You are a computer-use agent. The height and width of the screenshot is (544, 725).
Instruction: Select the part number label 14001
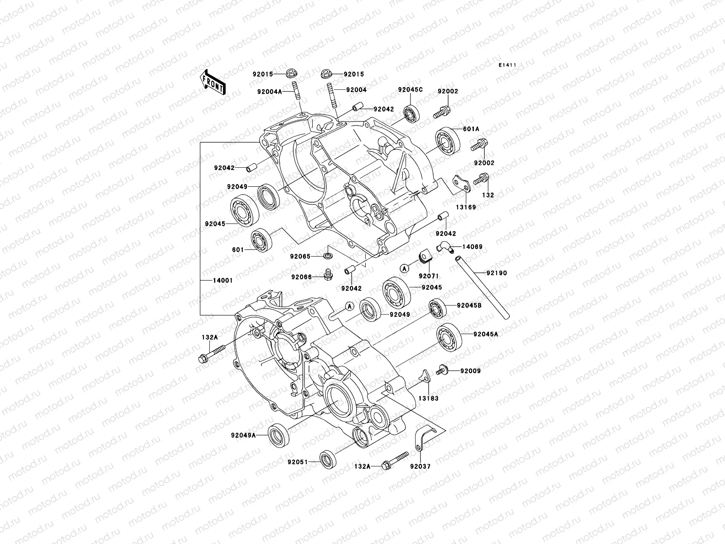(223, 281)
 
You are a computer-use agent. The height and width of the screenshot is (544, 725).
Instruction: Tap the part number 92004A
(269, 91)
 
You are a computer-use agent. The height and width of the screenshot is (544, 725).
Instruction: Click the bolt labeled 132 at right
(480, 179)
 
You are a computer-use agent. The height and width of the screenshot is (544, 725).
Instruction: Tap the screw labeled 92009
(443, 370)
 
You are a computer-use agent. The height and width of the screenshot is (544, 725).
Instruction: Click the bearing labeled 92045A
(449, 336)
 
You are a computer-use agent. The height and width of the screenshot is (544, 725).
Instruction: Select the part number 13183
(428, 398)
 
